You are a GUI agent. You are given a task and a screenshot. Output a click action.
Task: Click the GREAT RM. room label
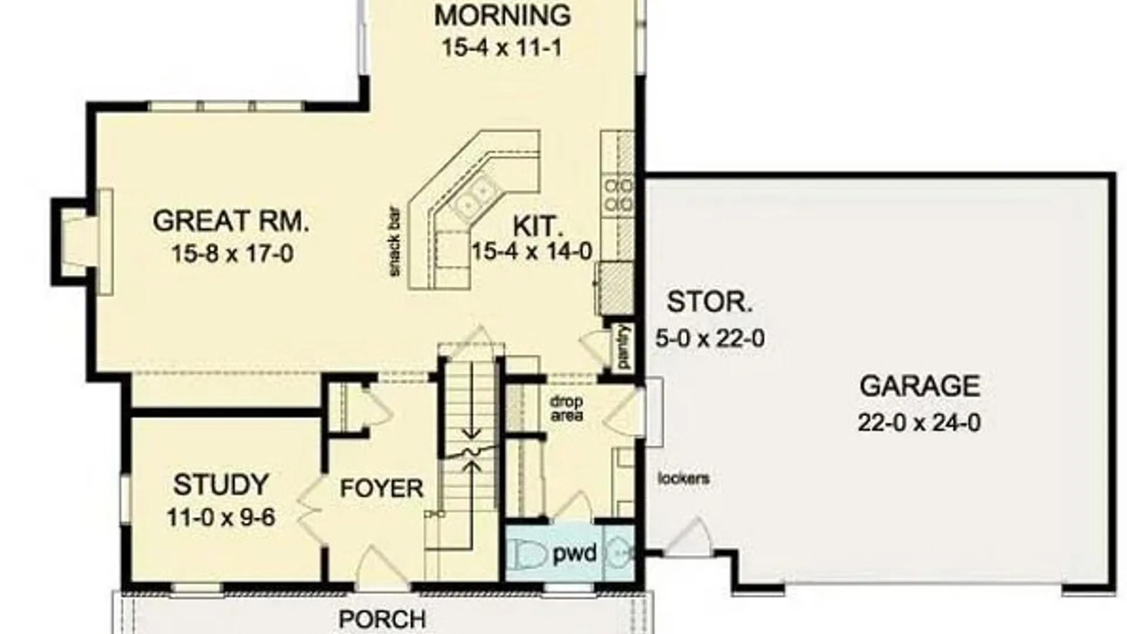click(231, 221)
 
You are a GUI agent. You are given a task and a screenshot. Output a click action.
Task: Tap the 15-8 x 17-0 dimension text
click(232, 254)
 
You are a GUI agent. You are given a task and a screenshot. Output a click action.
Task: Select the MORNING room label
click(502, 15)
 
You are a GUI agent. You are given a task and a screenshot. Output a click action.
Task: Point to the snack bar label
click(395, 241)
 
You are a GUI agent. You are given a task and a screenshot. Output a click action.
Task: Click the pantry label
click(624, 347)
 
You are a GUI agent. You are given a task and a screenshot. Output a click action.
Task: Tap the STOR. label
click(710, 302)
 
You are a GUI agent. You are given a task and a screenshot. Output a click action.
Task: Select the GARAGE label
click(920, 386)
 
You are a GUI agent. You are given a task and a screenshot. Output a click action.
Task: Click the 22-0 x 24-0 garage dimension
click(919, 423)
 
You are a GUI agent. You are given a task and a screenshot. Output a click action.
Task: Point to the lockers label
click(683, 478)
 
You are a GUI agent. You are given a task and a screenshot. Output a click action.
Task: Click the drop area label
click(566, 409)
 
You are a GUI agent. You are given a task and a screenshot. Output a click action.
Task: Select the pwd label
click(575, 554)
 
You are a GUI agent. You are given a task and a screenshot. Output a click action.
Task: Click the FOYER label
click(382, 488)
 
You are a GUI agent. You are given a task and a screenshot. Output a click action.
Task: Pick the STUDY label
click(221, 485)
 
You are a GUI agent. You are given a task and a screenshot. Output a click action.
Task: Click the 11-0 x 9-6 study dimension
click(221, 518)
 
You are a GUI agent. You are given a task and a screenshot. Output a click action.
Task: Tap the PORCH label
click(382, 619)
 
